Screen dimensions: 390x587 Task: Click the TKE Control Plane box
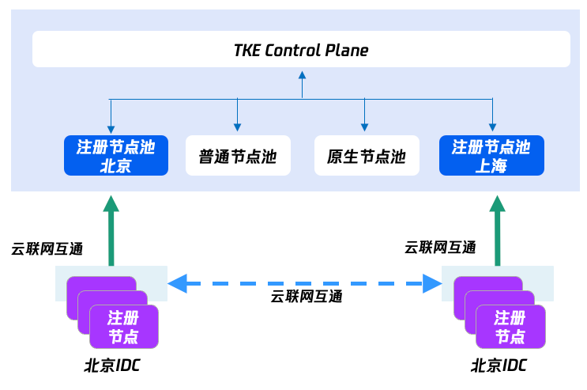click(301, 49)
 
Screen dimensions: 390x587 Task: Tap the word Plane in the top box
click(347, 51)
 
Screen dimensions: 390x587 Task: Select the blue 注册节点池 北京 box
click(115, 155)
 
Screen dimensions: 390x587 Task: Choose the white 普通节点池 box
click(238, 156)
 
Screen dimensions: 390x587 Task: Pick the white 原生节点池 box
click(365, 156)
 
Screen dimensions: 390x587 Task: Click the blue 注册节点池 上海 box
click(491, 155)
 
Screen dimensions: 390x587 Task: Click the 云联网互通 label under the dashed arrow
click(307, 297)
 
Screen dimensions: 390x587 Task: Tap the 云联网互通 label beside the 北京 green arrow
click(47, 248)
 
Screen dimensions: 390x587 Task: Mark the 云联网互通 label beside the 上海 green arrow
click(440, 247)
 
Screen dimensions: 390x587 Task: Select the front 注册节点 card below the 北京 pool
click(123, 327)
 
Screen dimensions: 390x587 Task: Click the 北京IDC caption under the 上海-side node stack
click(499, 365)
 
